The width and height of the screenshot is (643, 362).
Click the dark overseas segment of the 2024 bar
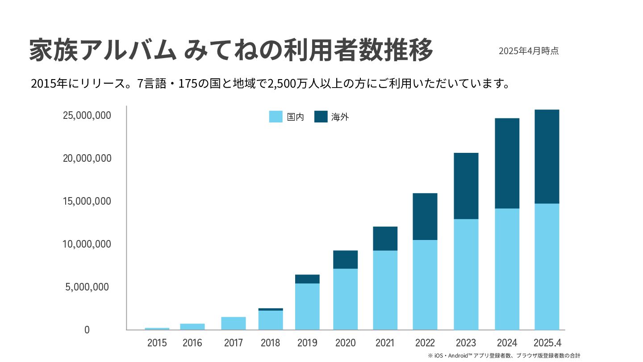[x=507, y=163]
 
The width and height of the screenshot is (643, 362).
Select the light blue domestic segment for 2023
[x=466, y=274]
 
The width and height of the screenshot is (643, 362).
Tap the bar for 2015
[x=157, y=328]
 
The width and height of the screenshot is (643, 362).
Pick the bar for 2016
[x=192, y=327]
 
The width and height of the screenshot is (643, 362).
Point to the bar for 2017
[x=233, y=323]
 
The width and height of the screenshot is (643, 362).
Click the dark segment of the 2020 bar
[x=345, y=259]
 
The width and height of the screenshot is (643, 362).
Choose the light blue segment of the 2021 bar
[x=385, y=290]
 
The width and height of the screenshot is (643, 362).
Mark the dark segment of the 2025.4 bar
[x=547, y=156]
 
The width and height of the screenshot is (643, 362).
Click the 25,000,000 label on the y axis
[x=87, y=115]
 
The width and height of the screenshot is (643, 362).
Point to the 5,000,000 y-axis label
[x=87, y=287]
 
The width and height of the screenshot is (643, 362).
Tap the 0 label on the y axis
[x=87, y=330]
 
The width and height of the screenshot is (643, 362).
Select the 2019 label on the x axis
[x=307, y=343]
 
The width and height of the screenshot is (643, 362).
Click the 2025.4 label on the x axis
[x=547, y=343]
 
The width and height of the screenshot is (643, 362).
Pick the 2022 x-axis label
[x=425, y=343]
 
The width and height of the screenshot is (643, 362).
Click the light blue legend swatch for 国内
[x=276, y=117]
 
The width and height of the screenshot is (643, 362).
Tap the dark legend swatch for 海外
[x=321, y=117]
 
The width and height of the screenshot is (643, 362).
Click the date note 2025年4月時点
[x=529, y=51]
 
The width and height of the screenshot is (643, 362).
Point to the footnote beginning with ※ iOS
[x=504, y=356]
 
